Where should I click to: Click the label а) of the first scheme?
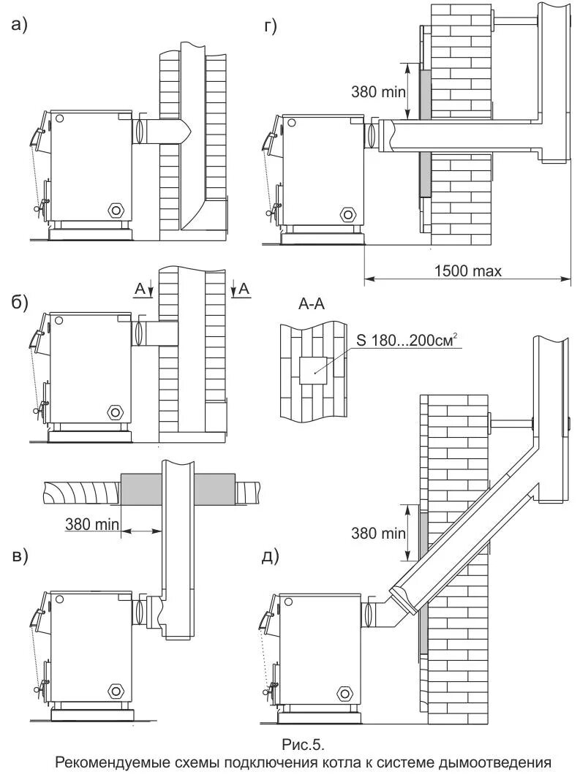[19, 26]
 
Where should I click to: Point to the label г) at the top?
[270, 27]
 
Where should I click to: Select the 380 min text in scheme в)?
[88, 523]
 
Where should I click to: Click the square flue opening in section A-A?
[313, 371]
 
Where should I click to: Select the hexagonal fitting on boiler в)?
[116, 690]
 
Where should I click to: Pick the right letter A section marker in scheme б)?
[244, 289]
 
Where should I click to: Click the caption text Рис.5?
[302, 745]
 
